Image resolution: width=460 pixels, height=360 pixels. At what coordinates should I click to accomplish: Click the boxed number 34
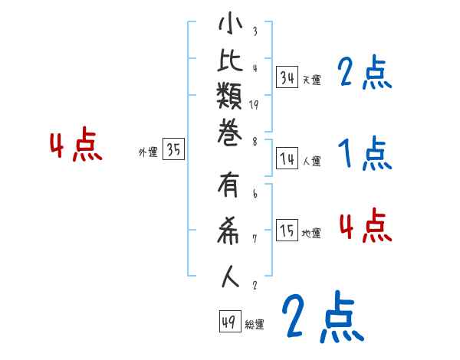[x=287, y=77]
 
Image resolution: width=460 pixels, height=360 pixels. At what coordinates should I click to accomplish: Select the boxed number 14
[x=287, y=159]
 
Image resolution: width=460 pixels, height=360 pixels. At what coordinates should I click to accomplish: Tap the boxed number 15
[x=287, y=231]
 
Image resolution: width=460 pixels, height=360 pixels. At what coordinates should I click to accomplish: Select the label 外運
[x=147, y=152]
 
